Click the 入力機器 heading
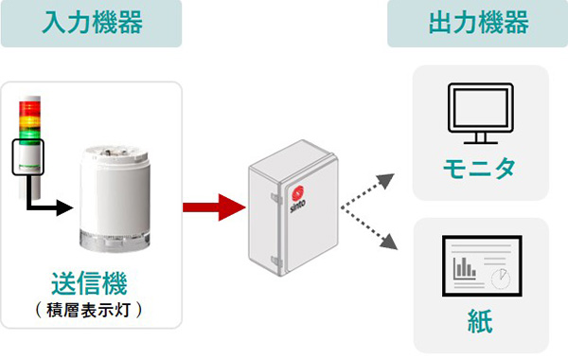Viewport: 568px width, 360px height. [x=93, y=23]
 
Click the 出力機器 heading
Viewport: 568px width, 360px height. [x=478, y=23]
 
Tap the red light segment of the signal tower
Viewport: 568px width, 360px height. [x=29, y=109]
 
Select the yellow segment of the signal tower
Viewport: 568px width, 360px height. [x=29, y=122]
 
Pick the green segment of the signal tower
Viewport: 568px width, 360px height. [x=29, y=135]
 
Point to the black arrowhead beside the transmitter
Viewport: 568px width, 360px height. [x=64, y=207]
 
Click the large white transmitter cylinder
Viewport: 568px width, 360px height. [x=115, y=198]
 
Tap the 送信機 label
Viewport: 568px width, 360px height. [x=90, y=283]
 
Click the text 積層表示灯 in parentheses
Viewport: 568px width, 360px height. [x=88, y=311]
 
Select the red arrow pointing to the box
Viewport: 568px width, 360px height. [x=214, y=207]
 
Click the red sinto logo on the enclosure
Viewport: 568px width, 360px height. [x=298, y=193]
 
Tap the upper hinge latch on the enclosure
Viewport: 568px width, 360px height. [x=276, y=198]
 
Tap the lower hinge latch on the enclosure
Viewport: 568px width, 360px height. [x=276, y=261]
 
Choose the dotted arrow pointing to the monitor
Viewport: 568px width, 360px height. [x=367, y=190]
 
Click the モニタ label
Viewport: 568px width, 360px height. [x=479, y=169]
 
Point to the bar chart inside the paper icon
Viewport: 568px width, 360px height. [x=465, y=268]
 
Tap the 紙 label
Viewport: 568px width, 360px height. [x=480, y=321]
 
